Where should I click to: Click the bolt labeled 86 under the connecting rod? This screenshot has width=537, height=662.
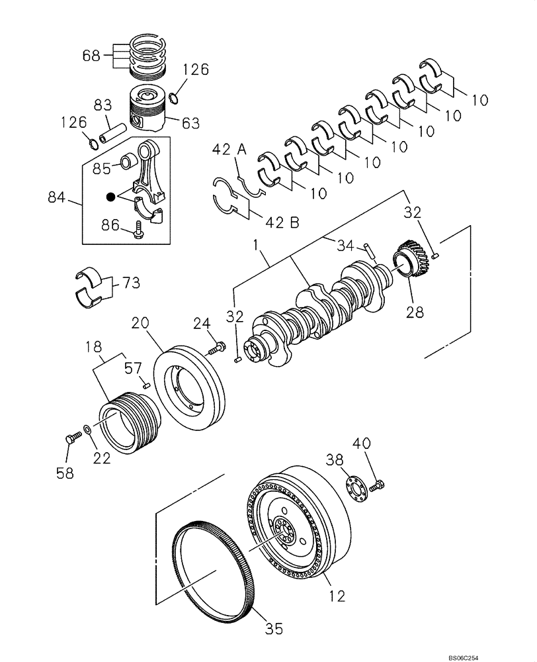click(x=138, y=229)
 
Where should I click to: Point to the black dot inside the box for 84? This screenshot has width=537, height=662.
click(x=111, y=197)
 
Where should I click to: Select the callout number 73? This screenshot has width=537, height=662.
click(x=130, y=284)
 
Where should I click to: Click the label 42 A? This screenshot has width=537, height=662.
click(x=229, y=150)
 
